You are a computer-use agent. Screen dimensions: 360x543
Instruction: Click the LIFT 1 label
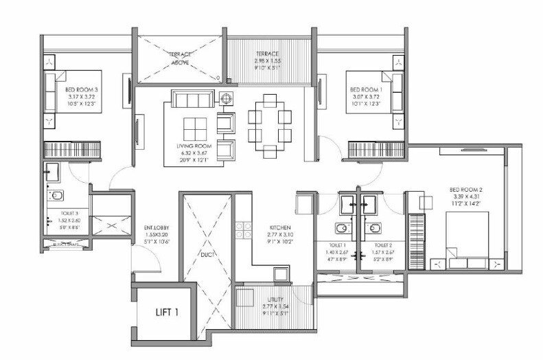(166, 313)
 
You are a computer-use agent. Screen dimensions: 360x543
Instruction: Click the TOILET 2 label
(382, 245)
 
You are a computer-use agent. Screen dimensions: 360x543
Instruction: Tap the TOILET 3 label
(64, 214)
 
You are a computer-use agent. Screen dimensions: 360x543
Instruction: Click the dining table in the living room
(264, 124)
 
